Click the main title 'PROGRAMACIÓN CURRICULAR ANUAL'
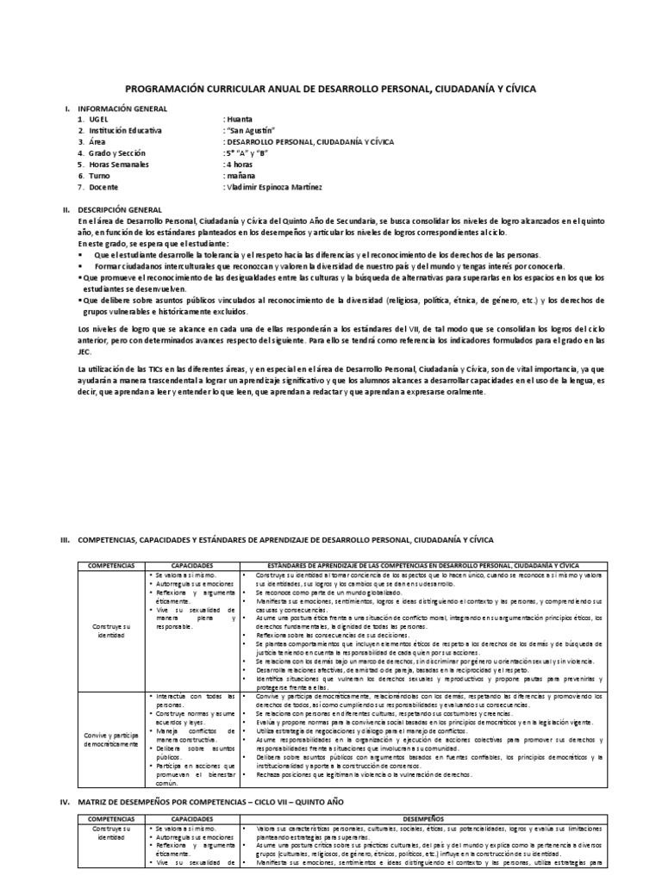point(330,89)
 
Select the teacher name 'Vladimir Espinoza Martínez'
point(273,185)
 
